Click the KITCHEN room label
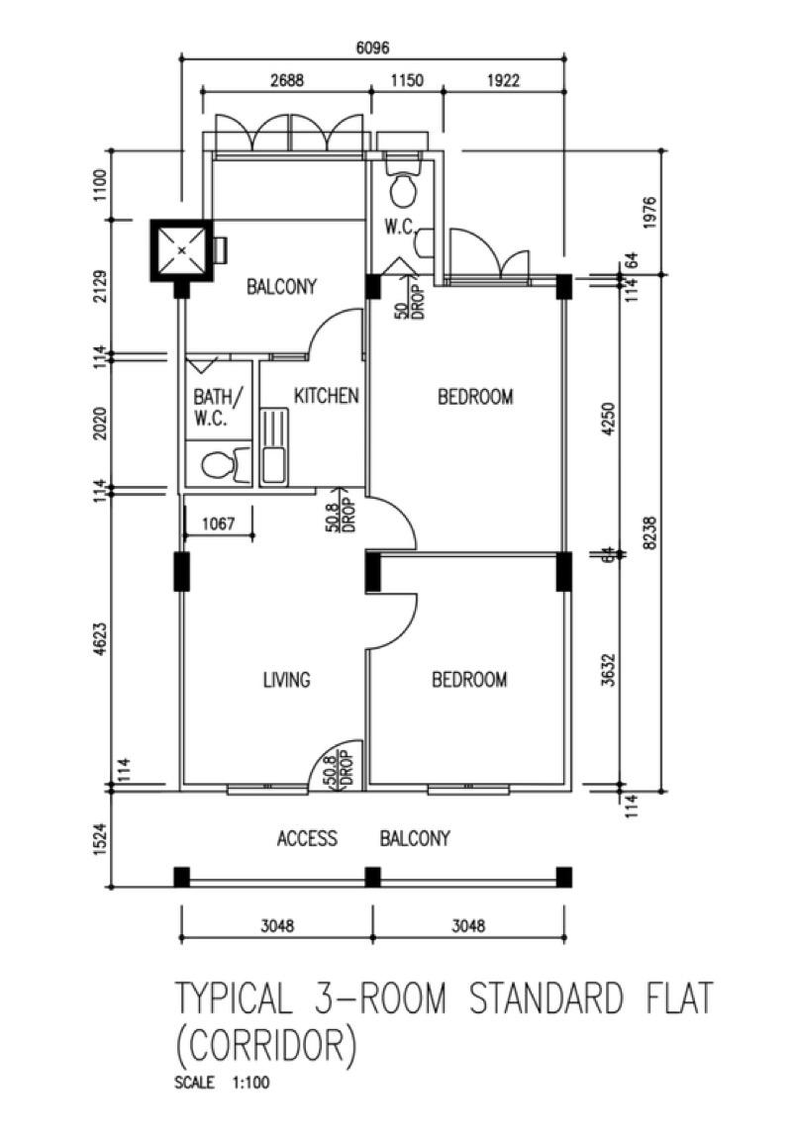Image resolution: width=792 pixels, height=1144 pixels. pos(326,396)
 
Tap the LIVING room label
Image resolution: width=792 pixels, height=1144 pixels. pos(286,680)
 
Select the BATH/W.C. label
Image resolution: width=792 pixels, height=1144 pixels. pos(217,407)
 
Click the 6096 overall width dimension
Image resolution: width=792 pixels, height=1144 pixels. pos(371,47)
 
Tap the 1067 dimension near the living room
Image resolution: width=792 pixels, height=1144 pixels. pos(217,524)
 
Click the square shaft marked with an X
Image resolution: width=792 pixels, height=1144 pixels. pos(181,250)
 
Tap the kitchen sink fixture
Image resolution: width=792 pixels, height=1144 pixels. pos(273,448)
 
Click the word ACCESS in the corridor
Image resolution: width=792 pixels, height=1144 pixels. pos(307,839)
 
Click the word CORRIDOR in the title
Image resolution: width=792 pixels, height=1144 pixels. pos(265,1045)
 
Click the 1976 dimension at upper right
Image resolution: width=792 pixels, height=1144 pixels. pos(649,212)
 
